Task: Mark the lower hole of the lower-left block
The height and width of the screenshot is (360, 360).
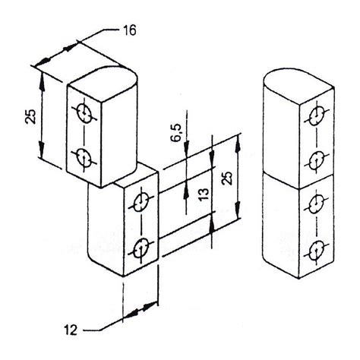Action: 140,247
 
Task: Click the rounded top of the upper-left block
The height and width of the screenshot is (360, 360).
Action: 106,76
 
